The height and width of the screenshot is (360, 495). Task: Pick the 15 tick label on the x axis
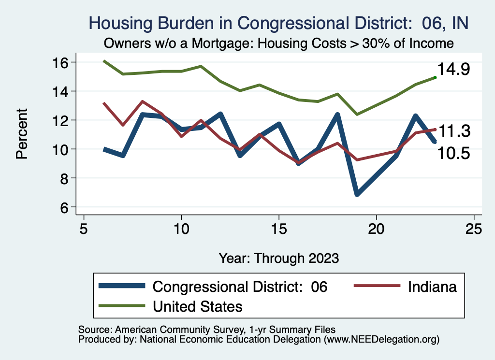click(x=279, y=229)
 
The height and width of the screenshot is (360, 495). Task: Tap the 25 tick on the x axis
click(x=474, y=229)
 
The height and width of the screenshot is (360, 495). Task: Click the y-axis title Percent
click(x=22, y=134)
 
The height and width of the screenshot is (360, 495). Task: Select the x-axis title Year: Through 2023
click(x=279, y=258)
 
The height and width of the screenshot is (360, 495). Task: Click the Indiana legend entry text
click(x=432, y=287)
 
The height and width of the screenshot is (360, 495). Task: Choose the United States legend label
click(x=197, y=306)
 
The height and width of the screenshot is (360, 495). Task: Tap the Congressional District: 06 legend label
click(x=240, y=287)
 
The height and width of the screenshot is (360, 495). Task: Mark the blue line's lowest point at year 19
click(x=357, y=194)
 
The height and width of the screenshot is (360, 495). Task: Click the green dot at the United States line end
click(x=435, y=77)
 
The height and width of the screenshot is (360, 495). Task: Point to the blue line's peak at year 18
click(x=337, y=115)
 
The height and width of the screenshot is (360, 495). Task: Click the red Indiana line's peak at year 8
click(x=142, y=101)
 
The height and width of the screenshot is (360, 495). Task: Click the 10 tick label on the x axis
click(x=181, y=229)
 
